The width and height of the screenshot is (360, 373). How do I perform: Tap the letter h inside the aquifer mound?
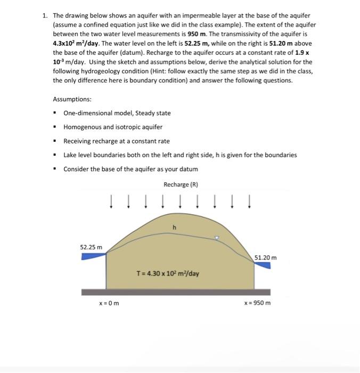(x=174, y=228)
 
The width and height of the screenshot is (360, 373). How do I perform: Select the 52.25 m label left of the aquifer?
(x=91, y=247)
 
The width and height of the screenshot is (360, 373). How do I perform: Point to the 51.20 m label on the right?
(x=265, y=258)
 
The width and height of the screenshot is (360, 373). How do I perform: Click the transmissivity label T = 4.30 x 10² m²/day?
(x=168, y=274)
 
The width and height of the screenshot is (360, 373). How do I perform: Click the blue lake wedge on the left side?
(x=94, y=256)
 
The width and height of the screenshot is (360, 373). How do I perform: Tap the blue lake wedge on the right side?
(x=262, y=265)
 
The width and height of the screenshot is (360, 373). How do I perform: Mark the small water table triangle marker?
(x=216, y=238)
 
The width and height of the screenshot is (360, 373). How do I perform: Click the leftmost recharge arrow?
(x=111, y=202)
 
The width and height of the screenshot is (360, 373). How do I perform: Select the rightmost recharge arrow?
(x=249, y=202)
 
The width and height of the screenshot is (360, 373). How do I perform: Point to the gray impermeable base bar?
(x=176, y=291)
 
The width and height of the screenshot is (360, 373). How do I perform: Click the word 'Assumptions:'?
(x=72, y=100)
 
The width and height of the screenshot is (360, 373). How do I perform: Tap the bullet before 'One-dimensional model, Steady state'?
(x=55, y=113)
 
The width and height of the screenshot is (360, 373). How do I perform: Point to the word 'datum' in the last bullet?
(x=187, y=169)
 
